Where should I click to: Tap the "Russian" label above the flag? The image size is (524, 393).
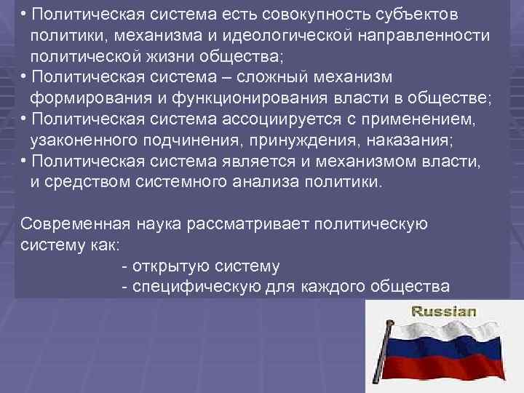[444, 311]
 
